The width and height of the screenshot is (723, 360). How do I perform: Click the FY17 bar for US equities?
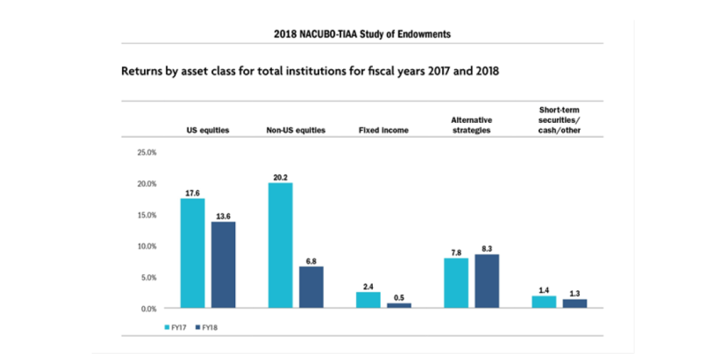click(x=193, y=253)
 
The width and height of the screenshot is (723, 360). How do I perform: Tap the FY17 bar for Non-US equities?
click(x=280, y=246)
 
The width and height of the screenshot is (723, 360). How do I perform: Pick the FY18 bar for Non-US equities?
click(x=311, y=287)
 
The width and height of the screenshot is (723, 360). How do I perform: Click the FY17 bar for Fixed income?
click(x=368, y=300)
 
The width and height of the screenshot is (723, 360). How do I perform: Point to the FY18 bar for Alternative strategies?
click(x=486, y=281)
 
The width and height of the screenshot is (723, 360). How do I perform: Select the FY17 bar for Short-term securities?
click(x=544, y=302)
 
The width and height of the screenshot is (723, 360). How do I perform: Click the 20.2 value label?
click(x=280, y=177)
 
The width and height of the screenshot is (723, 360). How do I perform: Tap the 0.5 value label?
click(x=399, y=297)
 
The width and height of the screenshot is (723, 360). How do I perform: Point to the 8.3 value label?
click(x=486, y=248)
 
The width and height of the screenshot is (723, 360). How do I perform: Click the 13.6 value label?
click(x=223, y=216)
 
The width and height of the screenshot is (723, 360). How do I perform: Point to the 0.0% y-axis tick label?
click(x=147, y=308)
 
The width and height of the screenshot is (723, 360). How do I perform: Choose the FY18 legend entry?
click(x=205, y=328)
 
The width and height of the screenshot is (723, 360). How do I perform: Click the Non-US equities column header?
click(x=295, y=130)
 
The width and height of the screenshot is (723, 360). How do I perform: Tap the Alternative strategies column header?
click(x=471, y=125)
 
